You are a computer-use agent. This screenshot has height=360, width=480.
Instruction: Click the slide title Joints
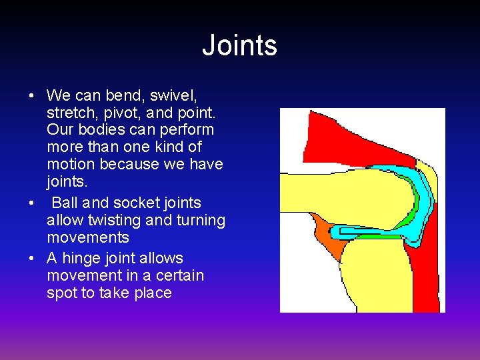[239, 45]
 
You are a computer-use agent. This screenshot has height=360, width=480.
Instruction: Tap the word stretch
[69, 112]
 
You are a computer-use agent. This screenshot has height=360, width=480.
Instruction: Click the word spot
[62, 293]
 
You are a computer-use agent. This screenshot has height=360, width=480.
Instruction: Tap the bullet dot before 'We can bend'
[31, 95]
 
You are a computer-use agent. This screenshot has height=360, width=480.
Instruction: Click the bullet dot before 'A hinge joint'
[31, 259]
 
